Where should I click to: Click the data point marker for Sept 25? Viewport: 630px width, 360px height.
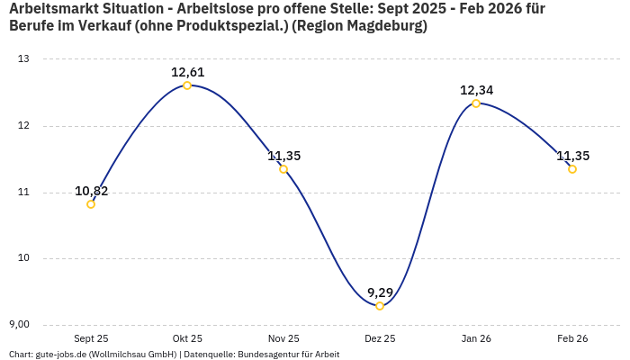(x=91, y=204)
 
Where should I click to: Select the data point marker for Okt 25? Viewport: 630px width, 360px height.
(x=187, y=85)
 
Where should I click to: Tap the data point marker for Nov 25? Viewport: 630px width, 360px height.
(x=283, y=169)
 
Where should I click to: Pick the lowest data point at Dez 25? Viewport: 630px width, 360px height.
(x=380, y=306)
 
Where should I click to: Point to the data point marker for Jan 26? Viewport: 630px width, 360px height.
(x=476, y=103)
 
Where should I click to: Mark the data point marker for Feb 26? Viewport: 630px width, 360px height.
(x=572, y=169)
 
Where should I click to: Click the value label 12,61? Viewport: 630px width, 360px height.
(x=188, y=72)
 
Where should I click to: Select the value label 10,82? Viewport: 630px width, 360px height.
(x=91, y=191)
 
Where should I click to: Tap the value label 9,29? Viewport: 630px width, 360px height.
(x=380, y=292)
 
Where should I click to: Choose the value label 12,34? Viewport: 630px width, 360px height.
(x=476, y=90)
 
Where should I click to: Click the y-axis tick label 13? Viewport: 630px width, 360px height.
(x=23, y=59)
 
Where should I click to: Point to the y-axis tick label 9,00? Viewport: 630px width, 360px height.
(x=19, y=325)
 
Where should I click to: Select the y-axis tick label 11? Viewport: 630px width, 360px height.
(x=23, y=193)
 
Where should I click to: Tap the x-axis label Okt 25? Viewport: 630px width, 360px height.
(x=187, y=338)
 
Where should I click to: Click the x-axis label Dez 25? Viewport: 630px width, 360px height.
(x=380, y=338)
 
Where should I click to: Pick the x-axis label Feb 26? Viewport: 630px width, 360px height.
(x=572, y=338)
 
